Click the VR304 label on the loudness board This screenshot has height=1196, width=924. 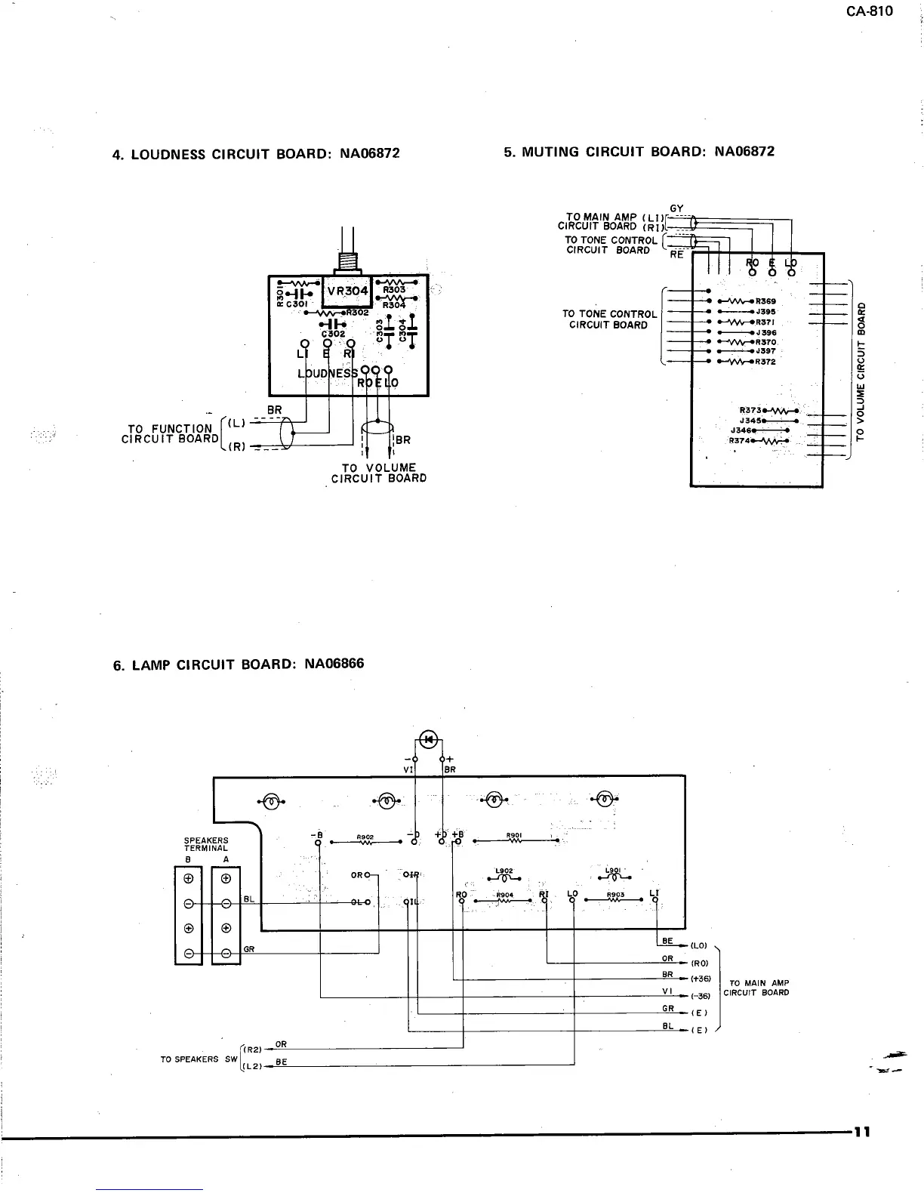tap(347, 291)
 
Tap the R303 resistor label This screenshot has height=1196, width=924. tap(394, 288)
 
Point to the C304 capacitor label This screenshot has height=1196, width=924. tap(402, 329)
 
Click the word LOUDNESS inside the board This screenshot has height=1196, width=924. tap(328, 373)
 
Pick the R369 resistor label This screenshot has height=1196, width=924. tap(765, 301)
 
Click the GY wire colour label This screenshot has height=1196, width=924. tap(676, 208)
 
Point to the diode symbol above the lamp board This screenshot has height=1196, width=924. tap(429, 739)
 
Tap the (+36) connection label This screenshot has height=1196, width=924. tap(701, 979)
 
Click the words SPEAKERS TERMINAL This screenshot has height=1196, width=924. tap(206, 844)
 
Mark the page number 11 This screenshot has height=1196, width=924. tap(862, 1132)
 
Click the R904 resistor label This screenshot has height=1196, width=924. tap(504, 895)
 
